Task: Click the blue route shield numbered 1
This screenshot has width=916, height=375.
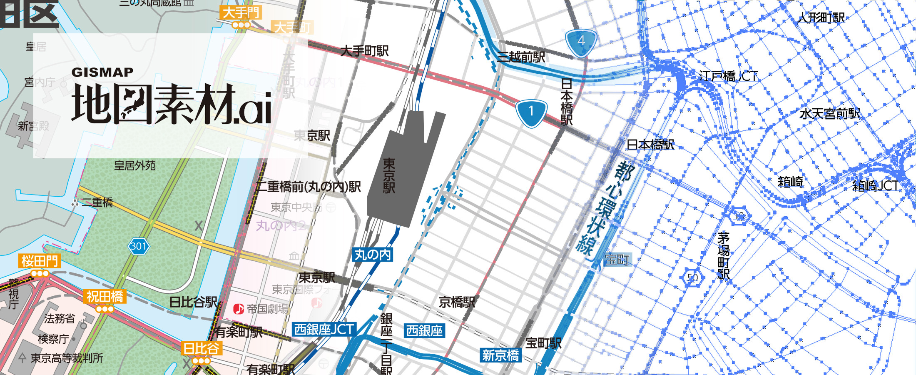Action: [531, 112]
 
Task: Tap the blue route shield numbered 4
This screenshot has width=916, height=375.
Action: [581, 42]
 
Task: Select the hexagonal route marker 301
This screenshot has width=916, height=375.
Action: [138, 246]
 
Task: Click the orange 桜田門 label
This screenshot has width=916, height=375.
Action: [40, 261]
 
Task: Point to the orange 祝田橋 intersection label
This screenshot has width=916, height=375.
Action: [105, 297]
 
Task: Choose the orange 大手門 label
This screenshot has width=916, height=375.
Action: [241, 12]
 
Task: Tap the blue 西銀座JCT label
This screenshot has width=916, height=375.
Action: [324, 330]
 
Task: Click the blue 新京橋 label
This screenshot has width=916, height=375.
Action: [500, 355]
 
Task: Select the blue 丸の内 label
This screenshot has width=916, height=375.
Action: [373, 255]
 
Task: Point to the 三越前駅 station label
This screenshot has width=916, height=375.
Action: [521, 57]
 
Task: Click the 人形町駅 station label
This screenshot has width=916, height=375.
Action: [821, 17]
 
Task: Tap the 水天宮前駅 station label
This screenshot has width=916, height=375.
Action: [830, 113]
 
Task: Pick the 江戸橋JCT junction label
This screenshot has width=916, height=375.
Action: [729, 76]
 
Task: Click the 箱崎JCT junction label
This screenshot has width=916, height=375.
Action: [875, 185]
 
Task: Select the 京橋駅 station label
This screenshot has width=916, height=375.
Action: [457, 302]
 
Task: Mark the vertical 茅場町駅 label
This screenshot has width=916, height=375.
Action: [724, 255]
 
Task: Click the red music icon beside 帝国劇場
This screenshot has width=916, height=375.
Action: [239, 309]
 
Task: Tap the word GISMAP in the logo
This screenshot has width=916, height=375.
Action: [102, 72]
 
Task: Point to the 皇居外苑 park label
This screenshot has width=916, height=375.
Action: [135, 166]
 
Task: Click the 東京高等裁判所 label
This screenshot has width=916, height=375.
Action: [67, 358]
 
